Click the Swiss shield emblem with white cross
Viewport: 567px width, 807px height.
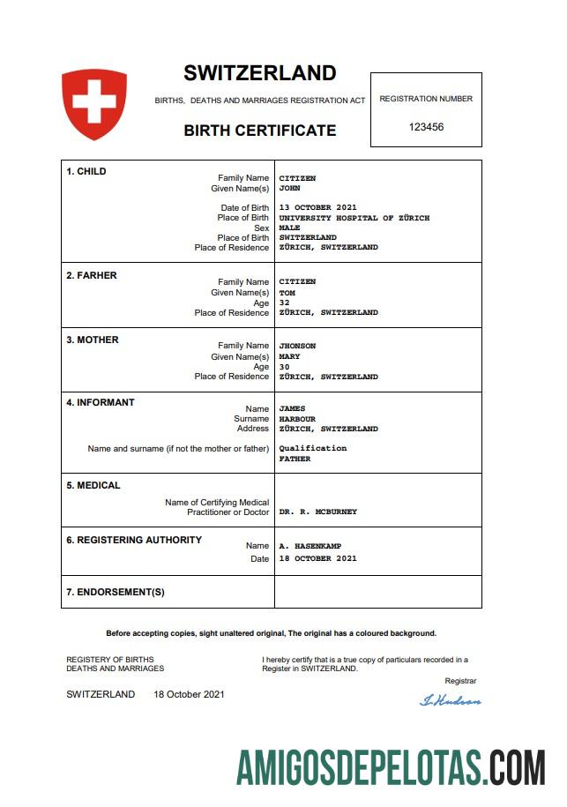coord(94,104)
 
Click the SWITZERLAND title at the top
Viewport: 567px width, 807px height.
coord(259,73)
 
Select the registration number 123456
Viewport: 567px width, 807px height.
coord(426,127)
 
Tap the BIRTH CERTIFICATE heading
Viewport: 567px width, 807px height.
coord(259,131)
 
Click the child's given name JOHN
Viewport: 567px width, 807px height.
coord(290,188)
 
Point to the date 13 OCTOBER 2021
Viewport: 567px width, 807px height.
coord(317,208)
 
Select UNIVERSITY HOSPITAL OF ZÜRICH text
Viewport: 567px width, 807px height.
coord(354,218)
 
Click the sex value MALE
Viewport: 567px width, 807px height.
coord(290,228)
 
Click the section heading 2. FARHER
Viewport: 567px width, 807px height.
coord(92,275)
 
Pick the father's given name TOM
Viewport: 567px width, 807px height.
coord(287,293)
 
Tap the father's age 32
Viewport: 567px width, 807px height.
coord(284,303)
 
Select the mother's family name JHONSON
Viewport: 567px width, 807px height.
coord(297,346)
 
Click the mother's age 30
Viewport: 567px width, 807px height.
coord(284,367)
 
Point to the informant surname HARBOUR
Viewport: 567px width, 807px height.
coord(297,419)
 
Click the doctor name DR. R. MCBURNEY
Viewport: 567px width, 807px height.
coord(317,512)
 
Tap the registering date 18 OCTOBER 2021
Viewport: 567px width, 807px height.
coord(317,558)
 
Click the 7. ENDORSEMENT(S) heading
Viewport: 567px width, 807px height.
coord(116,592)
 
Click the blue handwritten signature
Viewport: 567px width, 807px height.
coord(451,700)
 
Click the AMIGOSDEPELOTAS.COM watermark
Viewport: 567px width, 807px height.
coord(391,766)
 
